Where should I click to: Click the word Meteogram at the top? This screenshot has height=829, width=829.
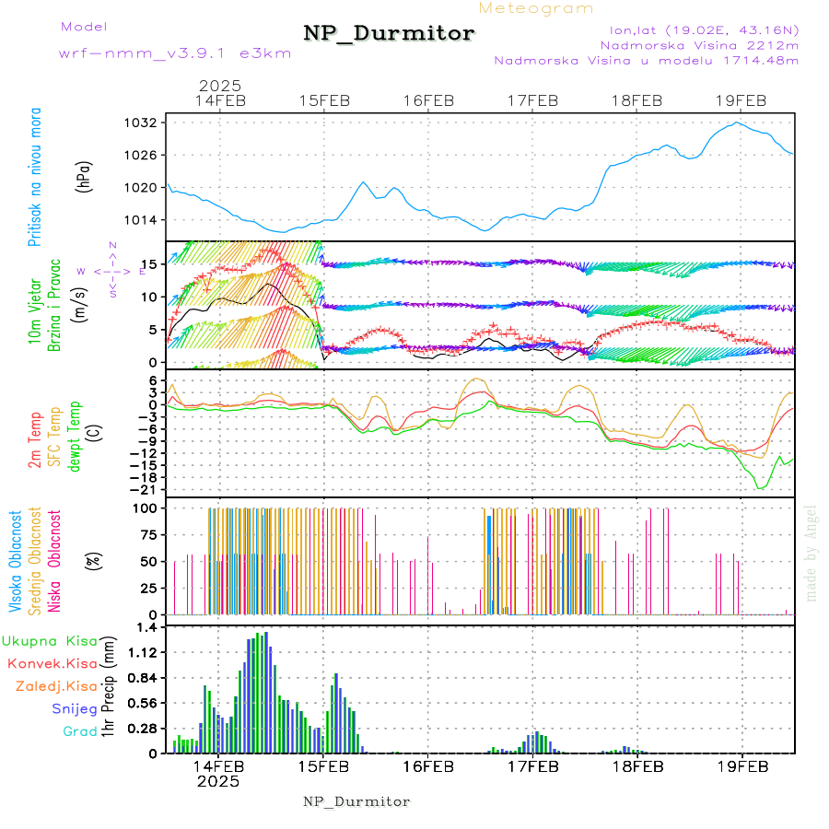pyautogui.click(x=536, y=8)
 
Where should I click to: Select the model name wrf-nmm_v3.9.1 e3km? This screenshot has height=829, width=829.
pyautogui.click(x=175, y=53)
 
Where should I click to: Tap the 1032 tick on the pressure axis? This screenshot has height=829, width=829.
pyautogui.click(x=146, y=123)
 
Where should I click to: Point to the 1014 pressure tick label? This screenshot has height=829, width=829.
pyautogui.click(x=146, y=219)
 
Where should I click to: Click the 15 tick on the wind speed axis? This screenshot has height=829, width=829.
pyautogui.click(x=151, y=264)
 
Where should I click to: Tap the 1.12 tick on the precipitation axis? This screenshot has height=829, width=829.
pyautogui.click(x=145, y=652)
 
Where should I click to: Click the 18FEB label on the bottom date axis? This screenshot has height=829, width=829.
pyautogui.click(x=638, y=766)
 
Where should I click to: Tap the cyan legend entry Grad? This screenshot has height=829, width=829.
pyautogui.click(x=81, y=731)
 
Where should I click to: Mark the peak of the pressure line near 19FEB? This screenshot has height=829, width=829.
pyautogui.click(x=736, y=123)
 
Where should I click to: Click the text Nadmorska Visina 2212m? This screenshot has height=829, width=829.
pyautogui.click(x=699, y=44)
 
